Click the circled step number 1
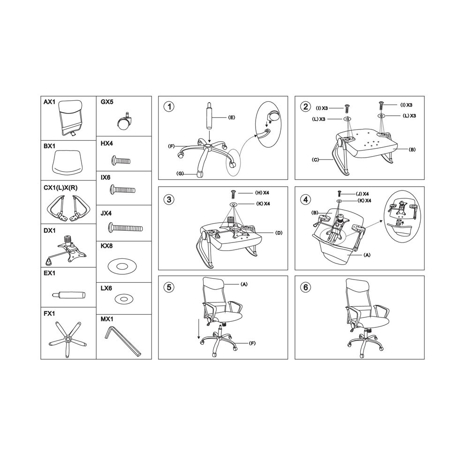tap(169, 106)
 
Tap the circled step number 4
tap(305, 199)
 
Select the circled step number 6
tap(305, 287)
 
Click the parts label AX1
tap(50, 102)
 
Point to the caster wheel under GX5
tap(124, 121)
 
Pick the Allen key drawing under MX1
tap(123, 341)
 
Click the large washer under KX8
tap(122, 266)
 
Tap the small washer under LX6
tap(123, 299)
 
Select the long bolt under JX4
tap(125, 228)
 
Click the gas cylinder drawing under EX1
tap(68, 295)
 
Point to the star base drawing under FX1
tap(68, 339)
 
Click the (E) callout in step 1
tap(232, 118)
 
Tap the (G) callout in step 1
tap(180, 174)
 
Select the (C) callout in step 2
tap(315, 160)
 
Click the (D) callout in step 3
tap(279, 233)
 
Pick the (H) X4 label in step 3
tap(262, 193)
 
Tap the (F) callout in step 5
tap(252, 343)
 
